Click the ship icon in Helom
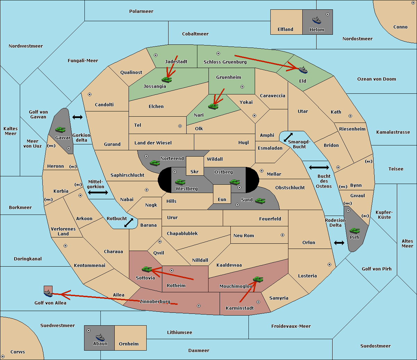317,20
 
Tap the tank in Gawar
60,129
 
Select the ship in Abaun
100,337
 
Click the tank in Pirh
354,231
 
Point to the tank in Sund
260,201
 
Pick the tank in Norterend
155,163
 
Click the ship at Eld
303,70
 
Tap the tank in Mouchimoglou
258,279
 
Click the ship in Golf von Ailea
48,293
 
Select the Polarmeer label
141,11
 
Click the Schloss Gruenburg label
225,62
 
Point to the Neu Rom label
244,235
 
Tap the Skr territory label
194,171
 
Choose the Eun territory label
222,199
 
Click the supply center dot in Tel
180,126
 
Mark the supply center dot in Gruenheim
242,87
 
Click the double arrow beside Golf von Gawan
77,117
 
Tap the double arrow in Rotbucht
129,223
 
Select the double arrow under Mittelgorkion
98,193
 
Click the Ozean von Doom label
376,79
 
